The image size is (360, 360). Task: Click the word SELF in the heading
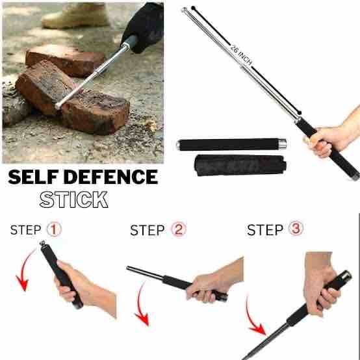(33, 177)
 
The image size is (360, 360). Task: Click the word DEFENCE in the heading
(111, 177)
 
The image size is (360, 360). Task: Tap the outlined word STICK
(73, 199)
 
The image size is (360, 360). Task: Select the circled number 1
(54, 229)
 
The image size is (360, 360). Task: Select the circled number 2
(179, 229)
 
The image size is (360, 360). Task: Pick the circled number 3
(296, 228)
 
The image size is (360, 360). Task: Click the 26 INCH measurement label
(242, 55)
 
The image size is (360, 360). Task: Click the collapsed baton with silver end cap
(231, 145)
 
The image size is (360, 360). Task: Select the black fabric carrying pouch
(240, 165)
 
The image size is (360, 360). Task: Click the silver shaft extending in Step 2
(145, 272)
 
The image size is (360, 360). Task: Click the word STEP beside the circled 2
(148, 230)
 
